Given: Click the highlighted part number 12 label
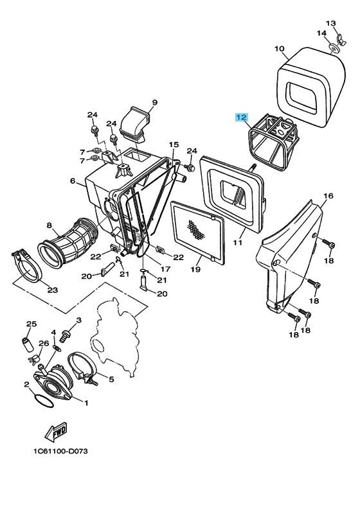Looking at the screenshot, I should pyautogui.click(x=240, y=118).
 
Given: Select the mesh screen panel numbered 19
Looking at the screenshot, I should pyautogui.click(x=198, y=235).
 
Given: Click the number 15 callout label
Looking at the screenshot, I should pyautogui.click(x=174, y=145).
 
